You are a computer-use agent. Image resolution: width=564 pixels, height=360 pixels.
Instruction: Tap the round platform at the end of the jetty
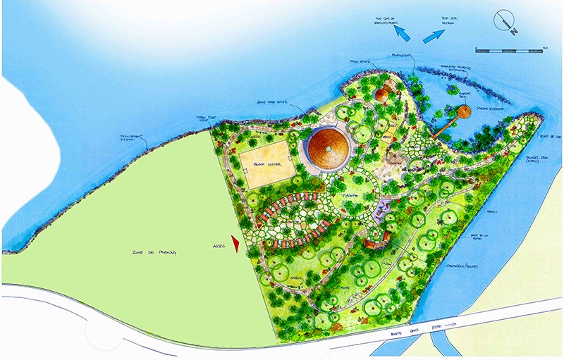click(464, 111)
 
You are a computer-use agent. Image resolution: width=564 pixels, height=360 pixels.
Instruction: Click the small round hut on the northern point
click(383, 95)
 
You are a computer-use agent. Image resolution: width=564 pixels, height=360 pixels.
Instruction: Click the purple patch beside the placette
click(384, 209)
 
